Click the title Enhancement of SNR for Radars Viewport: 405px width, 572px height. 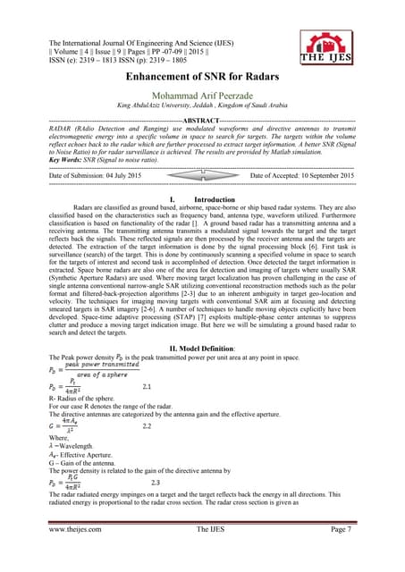(x=201, y=79)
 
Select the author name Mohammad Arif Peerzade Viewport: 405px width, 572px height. (x=201, y=95)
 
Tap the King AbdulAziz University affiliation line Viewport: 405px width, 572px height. (x=201, y=105)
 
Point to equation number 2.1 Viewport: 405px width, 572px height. (x=149, y=386)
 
